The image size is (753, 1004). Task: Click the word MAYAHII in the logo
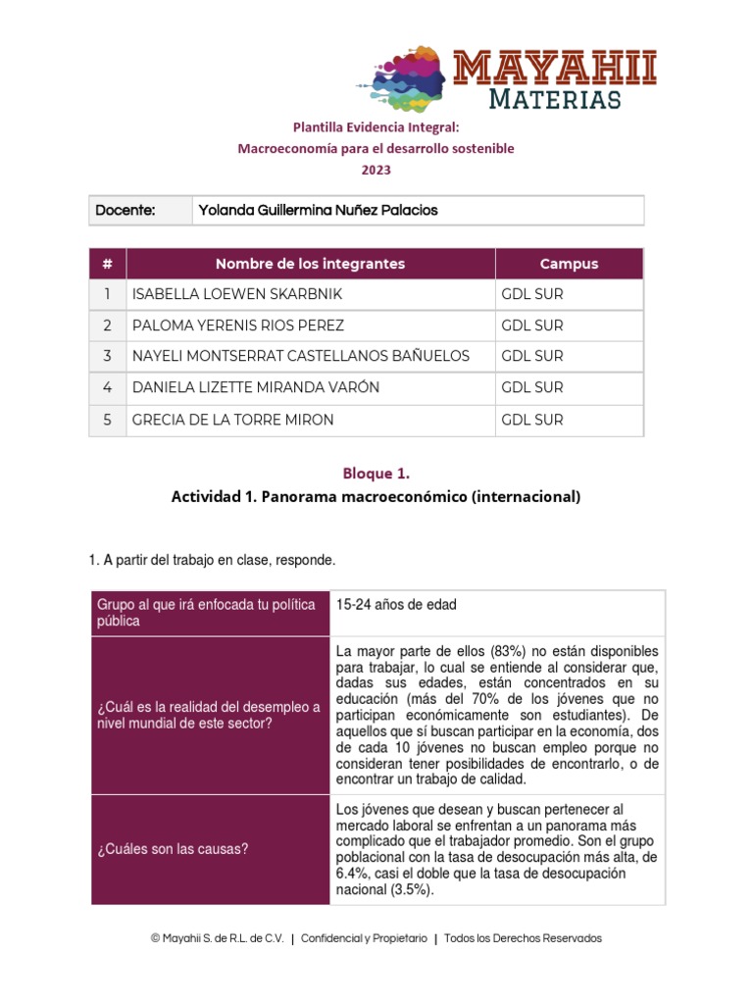pos(555,70)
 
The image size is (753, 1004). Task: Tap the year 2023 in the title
pos(376,170)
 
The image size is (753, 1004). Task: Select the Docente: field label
pos(125,210)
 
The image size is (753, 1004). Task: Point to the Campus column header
pos(569,264)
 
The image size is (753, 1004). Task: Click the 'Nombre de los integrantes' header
pos(310,264)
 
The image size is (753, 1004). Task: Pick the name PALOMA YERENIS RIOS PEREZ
pos(238,326)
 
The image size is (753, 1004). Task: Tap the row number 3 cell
pos(107,356)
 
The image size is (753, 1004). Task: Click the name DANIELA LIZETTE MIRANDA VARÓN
pos(255,387)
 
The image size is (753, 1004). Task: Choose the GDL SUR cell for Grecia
pos(532,420)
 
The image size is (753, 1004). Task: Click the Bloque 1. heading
pos(376,474)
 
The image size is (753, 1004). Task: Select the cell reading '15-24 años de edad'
pos(396,605)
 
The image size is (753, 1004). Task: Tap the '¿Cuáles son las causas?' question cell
pos(173,849)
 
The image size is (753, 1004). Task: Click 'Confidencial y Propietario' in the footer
pos(364,938)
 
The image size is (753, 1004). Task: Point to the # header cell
pos(107,264)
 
